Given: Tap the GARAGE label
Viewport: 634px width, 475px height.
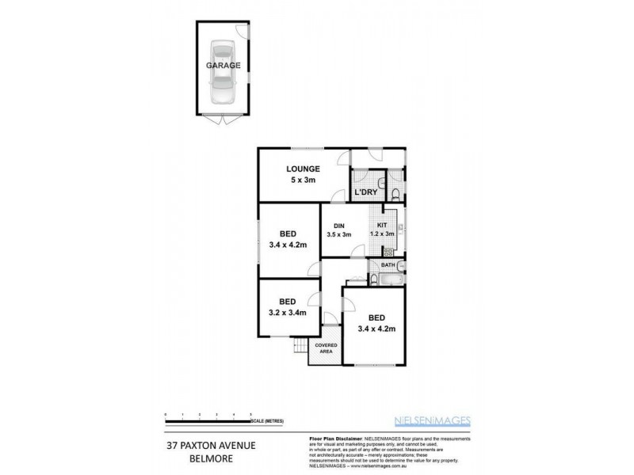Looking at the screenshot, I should (x=223, y=66).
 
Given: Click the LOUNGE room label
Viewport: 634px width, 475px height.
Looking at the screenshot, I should (x=304, y=169).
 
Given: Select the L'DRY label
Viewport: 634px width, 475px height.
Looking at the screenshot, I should (x=365, y=192).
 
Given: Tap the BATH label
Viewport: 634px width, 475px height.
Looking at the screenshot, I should (x=388, y=265).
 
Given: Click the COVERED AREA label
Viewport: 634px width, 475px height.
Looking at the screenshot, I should (x=326, y=349).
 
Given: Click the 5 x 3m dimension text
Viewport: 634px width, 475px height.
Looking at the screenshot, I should (x=304, y=180).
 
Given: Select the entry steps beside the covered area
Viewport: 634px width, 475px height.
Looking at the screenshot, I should (x=299, y=346).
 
